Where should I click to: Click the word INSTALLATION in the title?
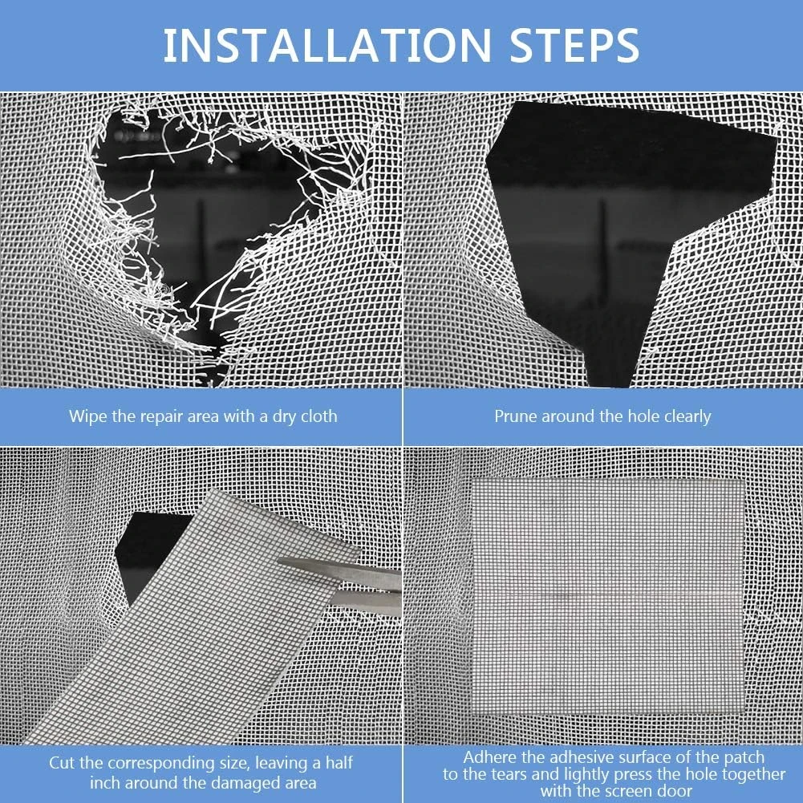click(x=326, y=46)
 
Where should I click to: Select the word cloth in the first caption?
click(x=318, y=416)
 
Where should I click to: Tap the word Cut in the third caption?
click(x=63, y=763)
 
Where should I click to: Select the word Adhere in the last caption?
click(x=489, y=757)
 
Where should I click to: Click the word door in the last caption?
click(x=674, y=791)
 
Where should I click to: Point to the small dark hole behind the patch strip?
click(x=148, y=553)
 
